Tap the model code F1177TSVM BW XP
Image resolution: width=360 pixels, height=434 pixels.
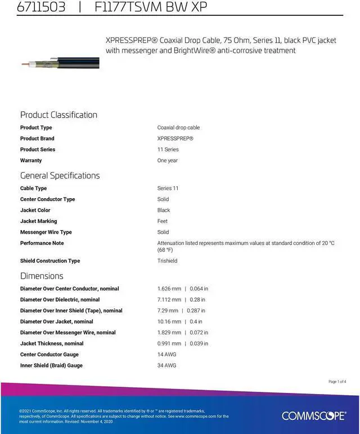click(x=151, y=7)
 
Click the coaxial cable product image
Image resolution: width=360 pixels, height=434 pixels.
click(x=60, y=62)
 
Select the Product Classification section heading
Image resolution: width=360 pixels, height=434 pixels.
click(x=58, y=115)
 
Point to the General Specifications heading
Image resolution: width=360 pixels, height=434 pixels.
click(x=60, y=176)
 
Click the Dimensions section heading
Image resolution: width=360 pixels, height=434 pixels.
click(x=42, y=276)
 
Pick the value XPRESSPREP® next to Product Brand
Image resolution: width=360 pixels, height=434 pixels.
click(x=175, y=138)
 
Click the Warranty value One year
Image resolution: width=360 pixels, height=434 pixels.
click(x=167, y=160)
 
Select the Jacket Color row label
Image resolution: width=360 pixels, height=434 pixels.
click(x=35, y=210)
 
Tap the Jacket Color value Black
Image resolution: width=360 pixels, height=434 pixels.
click(x=164, y=210)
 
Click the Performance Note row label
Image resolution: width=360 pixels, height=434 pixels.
click(x=42, y=243)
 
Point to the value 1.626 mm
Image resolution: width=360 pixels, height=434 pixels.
click(x=169, y=289)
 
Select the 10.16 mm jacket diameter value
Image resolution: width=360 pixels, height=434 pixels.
click(x=169, y=321)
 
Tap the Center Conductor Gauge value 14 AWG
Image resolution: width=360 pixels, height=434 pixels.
click(x=166, y=355)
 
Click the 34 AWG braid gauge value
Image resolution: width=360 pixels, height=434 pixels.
click(x=166, y=365)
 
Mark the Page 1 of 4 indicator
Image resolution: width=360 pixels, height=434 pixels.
click(x=337, y=382)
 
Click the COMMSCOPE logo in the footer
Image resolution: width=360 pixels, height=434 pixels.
click(x=314, y=416)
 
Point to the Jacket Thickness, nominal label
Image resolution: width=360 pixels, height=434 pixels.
click(x=52, y=343)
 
